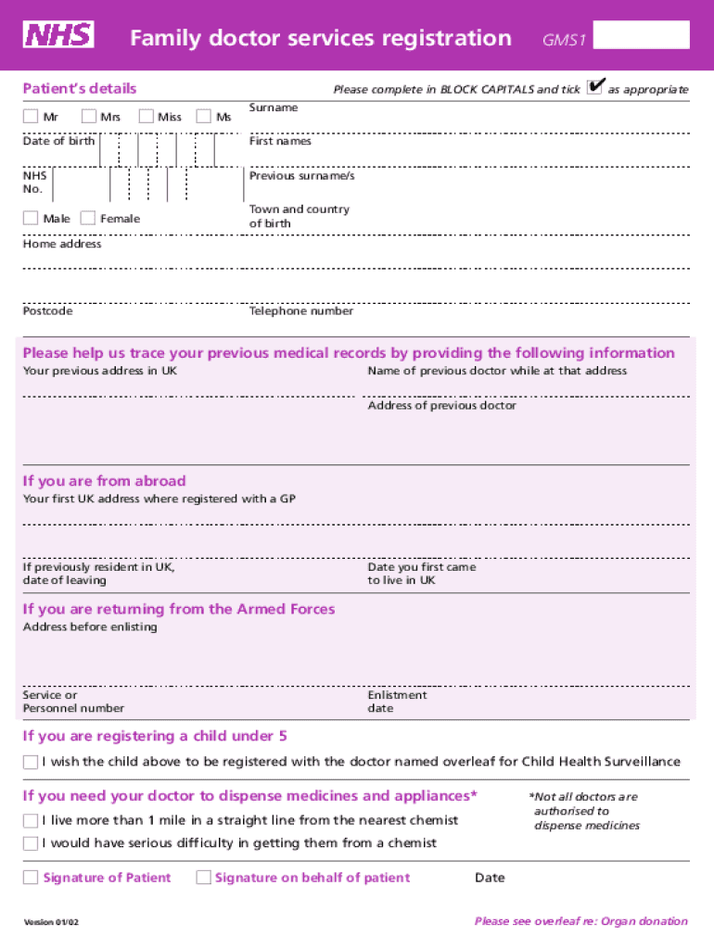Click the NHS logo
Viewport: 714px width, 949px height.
point(59,36)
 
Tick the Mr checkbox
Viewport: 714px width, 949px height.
point(31,117)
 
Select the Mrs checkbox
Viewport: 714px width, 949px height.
point(88,117)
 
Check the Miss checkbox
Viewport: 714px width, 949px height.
point(146,117)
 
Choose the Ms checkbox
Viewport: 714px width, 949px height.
point(203,117)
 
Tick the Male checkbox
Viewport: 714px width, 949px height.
point(31,219)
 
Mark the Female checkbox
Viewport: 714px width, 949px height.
point(87,219)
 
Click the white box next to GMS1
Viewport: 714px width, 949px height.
point(641,35)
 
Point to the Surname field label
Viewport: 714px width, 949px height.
point(274,108)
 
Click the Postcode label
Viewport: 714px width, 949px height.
point(47,311)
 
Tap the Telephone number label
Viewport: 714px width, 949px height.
point(300,311)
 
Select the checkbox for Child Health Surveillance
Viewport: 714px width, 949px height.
point(31,763)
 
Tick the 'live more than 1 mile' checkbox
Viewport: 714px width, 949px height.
point(31,820)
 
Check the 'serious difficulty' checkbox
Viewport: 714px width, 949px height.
point(31,843)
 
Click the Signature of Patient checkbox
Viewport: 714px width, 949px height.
point(31,878)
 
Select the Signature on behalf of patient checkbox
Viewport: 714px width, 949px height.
point(203,878)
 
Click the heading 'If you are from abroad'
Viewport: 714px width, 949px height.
point(104,481)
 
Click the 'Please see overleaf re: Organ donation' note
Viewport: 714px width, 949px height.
point(580,921)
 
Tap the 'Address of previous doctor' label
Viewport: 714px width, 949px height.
point(441,406)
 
